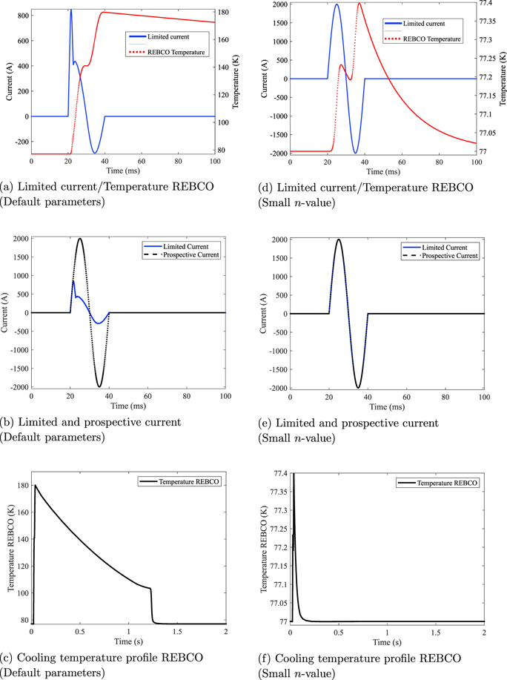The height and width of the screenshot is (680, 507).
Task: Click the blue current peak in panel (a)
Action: tap(71, 10)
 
